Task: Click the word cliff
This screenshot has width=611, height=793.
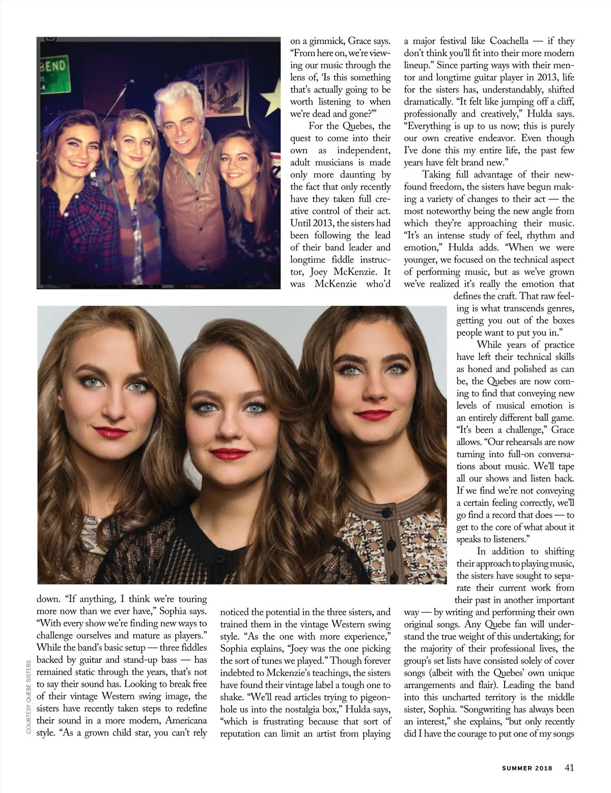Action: tap(564, 101)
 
